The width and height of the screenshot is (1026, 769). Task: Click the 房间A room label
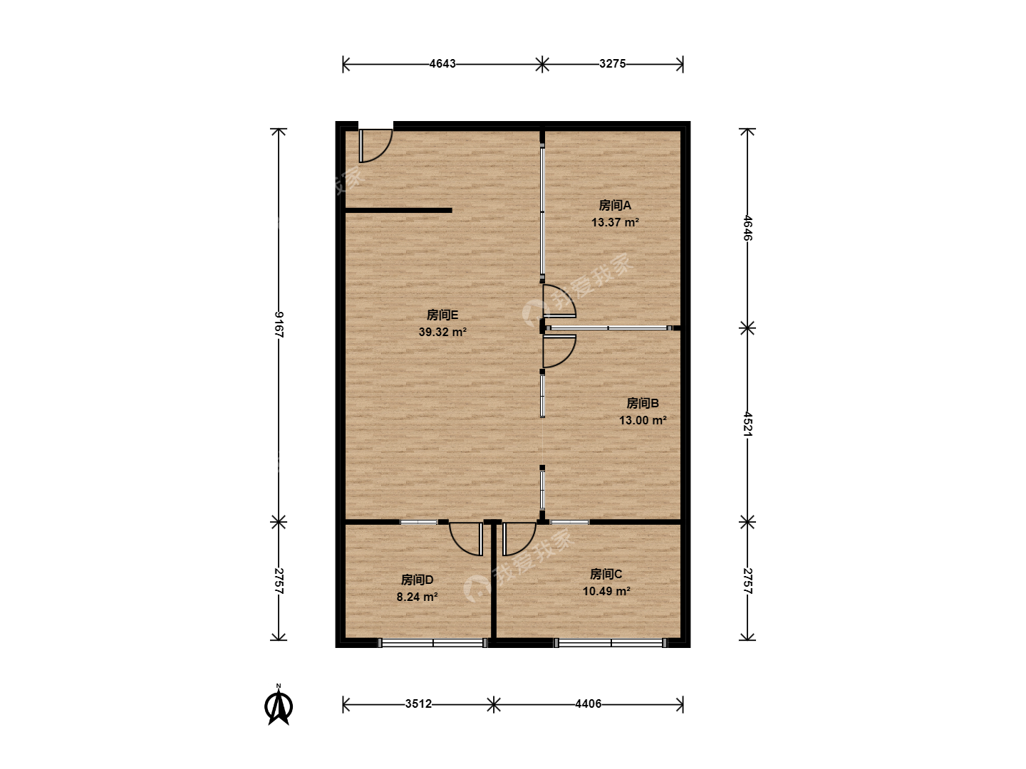point(615,206)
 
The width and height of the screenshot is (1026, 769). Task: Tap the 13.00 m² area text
point(643,420)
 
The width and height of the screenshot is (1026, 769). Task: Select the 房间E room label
point(442,315)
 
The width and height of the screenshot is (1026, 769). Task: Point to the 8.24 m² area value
point(417,597)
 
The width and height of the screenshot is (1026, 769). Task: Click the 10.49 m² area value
point(606,591)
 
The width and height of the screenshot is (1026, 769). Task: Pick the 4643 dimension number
point(442,63)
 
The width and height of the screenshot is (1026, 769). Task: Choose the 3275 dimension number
point(612,63)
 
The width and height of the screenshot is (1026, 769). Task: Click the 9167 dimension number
point(279,325)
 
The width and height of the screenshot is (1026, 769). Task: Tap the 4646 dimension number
point(747,228)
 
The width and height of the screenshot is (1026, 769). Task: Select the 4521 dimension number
point(747,424)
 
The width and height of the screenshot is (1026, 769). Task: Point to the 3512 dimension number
point(418,703)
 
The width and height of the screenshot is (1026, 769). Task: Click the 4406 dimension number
point(588,703)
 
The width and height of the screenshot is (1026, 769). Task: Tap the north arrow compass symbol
point(279,706)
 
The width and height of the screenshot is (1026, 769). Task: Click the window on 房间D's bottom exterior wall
point(432,643)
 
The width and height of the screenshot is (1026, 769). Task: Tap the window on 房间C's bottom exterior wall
point(611,643)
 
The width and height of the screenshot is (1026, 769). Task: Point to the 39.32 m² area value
point(442,332)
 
